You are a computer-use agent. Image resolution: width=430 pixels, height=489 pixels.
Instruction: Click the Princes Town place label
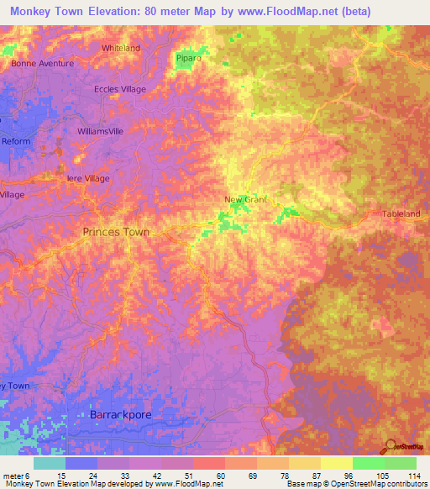point(116,232)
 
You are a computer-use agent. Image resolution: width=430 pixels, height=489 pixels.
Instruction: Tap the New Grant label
point(245,199)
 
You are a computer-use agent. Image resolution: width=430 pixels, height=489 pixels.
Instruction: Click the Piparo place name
point(187,58)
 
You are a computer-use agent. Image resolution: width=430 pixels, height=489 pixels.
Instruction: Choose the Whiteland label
point(121,48)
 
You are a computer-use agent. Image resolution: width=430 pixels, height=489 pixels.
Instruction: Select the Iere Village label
point(88,178)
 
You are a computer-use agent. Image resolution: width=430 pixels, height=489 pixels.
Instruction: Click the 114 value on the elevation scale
point(413,475)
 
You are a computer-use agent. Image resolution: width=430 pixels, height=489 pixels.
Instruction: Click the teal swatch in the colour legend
point(50,463)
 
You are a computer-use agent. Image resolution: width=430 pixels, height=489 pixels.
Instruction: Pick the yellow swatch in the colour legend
point(336,463)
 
